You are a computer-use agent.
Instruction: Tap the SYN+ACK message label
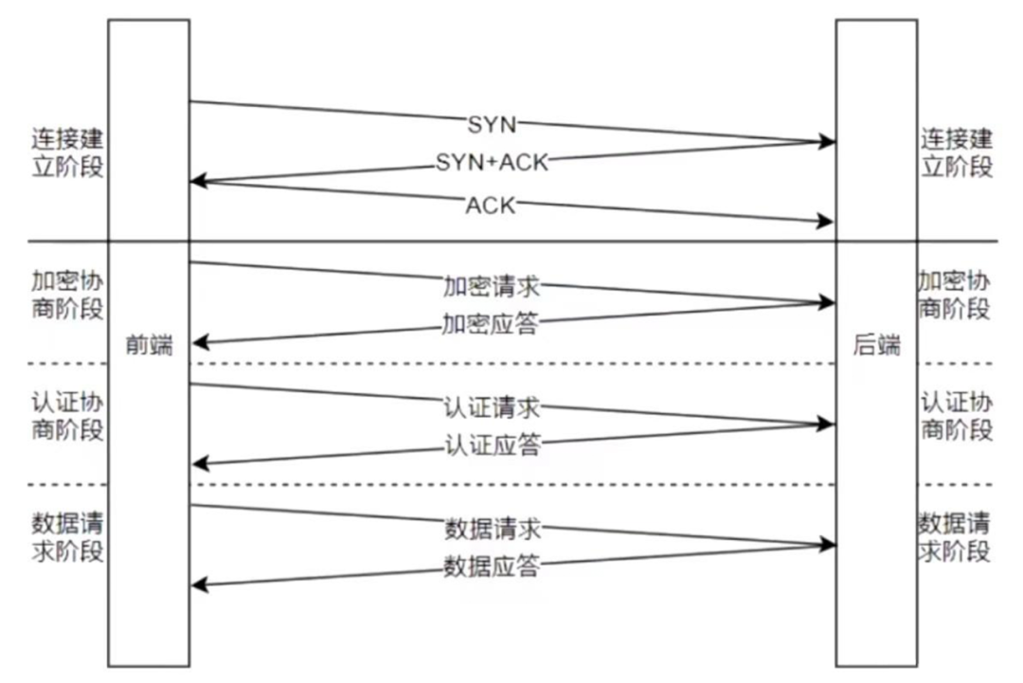[492, 163]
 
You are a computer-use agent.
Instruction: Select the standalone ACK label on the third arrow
[491, 205]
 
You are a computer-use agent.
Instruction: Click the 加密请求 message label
[492, 285]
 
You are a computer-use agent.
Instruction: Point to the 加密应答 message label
[491, 324]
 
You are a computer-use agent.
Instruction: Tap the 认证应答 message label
[492, 444]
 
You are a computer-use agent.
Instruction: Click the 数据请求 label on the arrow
[492, 529]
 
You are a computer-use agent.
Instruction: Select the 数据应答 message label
[492, 566]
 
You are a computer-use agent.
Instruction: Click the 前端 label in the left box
[150, 346]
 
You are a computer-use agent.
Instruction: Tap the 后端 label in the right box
[876, 346]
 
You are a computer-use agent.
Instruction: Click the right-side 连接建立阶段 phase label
[957, 153]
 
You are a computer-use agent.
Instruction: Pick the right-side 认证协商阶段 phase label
[957, 415]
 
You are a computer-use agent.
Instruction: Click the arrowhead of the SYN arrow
[829, 142]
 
